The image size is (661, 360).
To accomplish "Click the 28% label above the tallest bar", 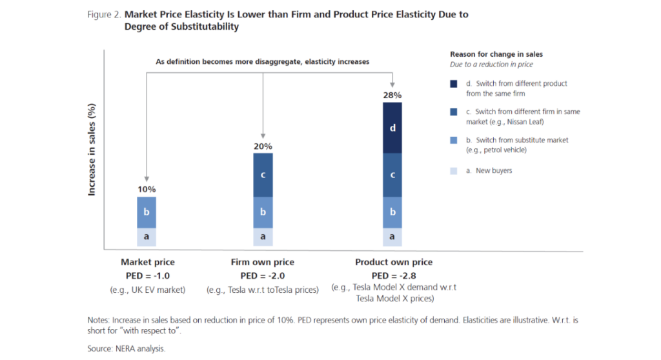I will point(392,95).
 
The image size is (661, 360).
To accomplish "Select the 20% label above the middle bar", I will point(263,146).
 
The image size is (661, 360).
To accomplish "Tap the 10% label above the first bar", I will point(147,190).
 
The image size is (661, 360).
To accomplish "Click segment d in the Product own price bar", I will point(392,128).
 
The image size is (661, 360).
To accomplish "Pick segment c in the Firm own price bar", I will point(263,175).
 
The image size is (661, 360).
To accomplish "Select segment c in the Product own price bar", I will point(392,175).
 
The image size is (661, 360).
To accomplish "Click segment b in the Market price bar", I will point(147,212).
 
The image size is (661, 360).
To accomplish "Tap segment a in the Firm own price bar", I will point(263,237).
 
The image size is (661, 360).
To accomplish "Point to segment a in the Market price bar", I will point(147,237).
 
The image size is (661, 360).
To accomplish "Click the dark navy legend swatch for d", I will point(454,84).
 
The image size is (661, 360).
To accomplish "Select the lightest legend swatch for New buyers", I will point(454,170).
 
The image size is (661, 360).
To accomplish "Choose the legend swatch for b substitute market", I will point(454,140).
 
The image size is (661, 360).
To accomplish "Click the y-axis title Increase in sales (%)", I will point(92,148).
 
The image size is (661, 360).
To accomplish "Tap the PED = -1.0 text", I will point(147,275).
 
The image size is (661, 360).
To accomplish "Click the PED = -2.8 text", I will point(394,275).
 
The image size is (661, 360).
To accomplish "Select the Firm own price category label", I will point(262,263).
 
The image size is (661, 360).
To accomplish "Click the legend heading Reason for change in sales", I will point(496,54).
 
